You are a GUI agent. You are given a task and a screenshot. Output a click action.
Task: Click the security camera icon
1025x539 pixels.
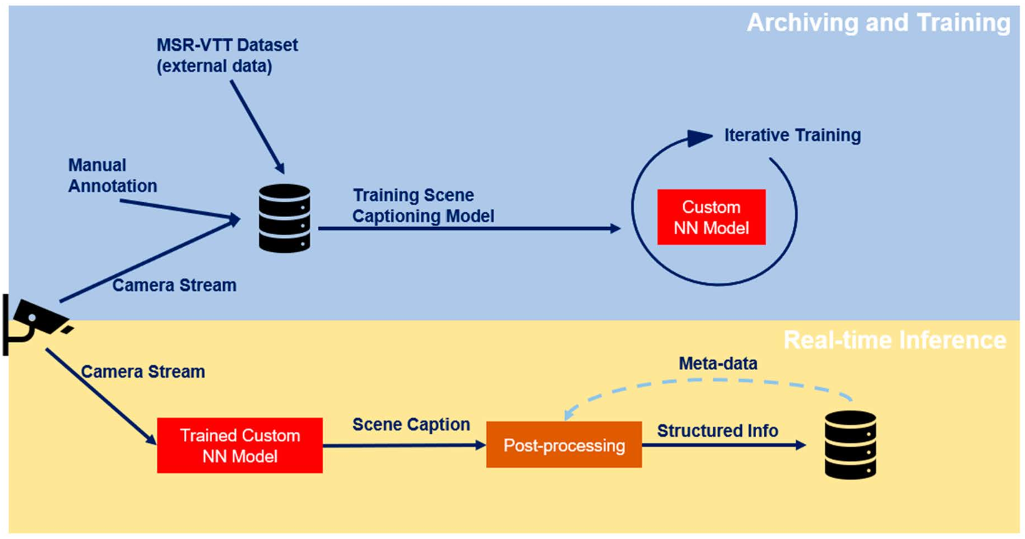(x=36, y=321)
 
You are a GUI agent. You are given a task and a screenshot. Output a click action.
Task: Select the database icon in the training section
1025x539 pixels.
(x=284, y=218)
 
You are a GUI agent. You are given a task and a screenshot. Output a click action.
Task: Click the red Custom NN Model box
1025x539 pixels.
(x=711, y=217)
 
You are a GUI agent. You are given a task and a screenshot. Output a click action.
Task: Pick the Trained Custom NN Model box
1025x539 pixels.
(x=240, y=445)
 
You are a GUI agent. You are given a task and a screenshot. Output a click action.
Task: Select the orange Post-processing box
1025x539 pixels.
(x=564, y=445)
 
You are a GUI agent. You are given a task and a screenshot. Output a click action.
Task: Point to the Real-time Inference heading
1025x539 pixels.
(x=894, y=340)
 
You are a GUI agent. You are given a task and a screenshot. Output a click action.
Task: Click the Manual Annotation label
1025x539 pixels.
(x=112, y=176)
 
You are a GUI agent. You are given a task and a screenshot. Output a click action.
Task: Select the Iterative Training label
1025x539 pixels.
(x=792, y=135)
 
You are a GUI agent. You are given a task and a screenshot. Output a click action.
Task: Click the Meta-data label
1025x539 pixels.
(x=717, y=363)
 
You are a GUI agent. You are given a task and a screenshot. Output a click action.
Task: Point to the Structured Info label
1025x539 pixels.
(x=717, y=430)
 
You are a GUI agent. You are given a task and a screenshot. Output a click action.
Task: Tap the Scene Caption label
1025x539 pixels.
(x=411, y=425)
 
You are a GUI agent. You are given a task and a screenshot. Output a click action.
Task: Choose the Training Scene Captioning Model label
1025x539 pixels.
(x=423, y=206)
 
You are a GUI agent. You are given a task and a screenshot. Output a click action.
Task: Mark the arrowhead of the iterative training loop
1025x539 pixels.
(x=700, y=137)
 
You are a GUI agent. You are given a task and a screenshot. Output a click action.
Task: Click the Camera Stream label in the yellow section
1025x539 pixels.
(x=143, y=372)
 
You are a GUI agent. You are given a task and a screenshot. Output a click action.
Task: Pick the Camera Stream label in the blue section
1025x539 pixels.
(x=174, y=286)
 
